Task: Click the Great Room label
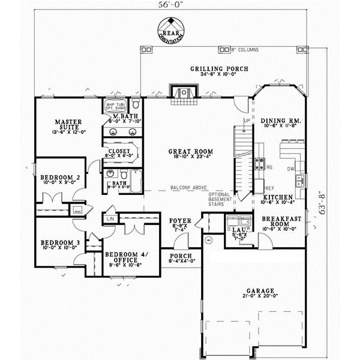(x=186, y=152)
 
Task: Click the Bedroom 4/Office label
(x=125, y=256)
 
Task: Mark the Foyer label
(x=180, y=220)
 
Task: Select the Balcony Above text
(x=187, y=187)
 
